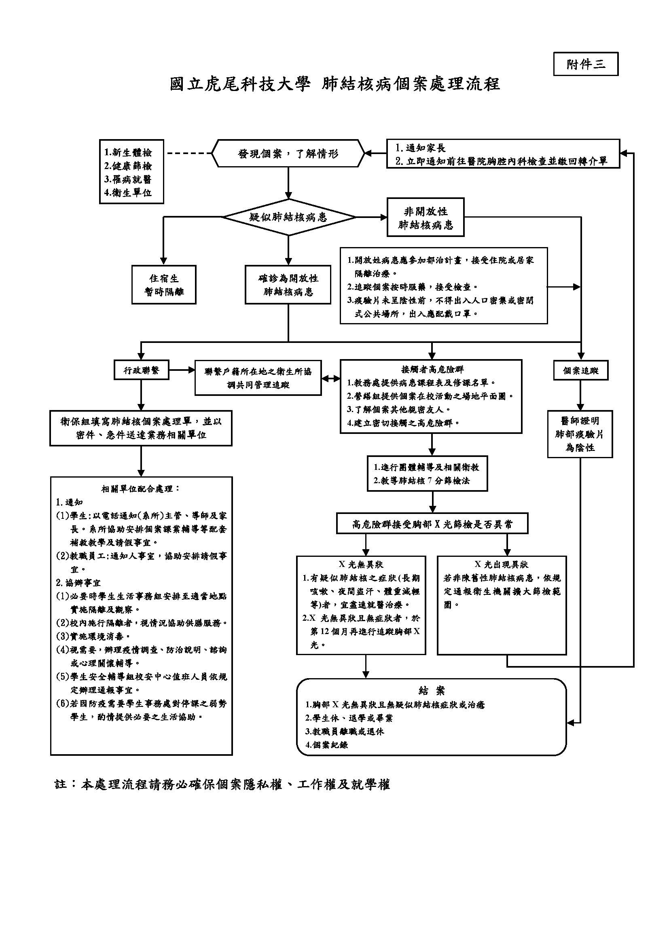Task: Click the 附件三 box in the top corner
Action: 585,64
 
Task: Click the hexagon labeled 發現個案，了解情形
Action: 288,154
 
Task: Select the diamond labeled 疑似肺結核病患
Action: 288,217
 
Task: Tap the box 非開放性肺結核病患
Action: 425,218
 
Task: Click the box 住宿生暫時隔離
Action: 163,285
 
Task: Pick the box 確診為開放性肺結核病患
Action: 288,285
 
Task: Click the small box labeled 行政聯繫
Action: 141,370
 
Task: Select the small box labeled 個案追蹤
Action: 580,371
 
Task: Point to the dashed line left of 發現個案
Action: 188,154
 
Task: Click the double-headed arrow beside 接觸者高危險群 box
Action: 331,378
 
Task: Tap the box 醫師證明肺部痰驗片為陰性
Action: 580,434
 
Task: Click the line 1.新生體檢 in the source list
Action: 128,153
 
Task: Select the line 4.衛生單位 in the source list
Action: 128,192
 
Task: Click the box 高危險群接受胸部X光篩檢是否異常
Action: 432,524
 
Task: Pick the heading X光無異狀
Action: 361,565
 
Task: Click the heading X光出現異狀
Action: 501,565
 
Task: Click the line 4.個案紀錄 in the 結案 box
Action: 327,744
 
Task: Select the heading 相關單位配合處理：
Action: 141,489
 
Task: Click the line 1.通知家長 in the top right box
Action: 421,148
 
